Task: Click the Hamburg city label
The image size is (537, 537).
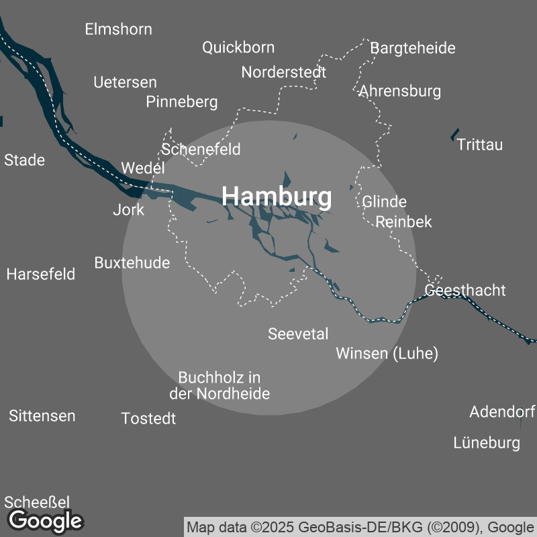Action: pyautogui.click(x=277, y=197)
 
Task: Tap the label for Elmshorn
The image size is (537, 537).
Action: pyautogui.click(x=118, y=30)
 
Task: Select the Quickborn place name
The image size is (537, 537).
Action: pyautogui.click(x=238, y=48)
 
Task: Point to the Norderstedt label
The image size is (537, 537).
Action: pyautogui.click(x=284, y=72)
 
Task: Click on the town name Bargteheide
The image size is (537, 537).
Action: pyautogui.click(x=413, y=48)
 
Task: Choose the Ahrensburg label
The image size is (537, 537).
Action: pyautogui.click(x=400, y=91)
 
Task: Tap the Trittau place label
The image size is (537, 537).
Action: pyautogui.click(x=479, y=145)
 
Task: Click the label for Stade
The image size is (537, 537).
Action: pyautogui.click(x=25, y=160)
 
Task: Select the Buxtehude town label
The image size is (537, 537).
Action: pyautogui.click(x=132, y=262)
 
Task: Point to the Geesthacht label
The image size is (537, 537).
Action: pyautogui.click(x=465, y=291)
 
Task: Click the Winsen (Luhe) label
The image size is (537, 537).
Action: pyautogui.click(x=387, y=354)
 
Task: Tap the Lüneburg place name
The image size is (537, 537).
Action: pyautogui.click(x=487, y=443)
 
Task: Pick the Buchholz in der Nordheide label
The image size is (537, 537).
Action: pyautogui.click(x=224, y=386)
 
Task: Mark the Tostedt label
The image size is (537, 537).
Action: pyautogui.click(x=148, y=419)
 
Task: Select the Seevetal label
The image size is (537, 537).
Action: pyautogui.click(x=298, y=334)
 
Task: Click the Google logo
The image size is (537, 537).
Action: pyautogui.click(x=45, y=520)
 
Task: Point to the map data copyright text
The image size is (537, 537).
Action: pyautogui.click(x=360, y=526)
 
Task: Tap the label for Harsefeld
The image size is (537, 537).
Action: pyautogui.click(x=41, y=275)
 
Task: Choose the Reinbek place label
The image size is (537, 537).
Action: pyautogui.click(x=403, y=222)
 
